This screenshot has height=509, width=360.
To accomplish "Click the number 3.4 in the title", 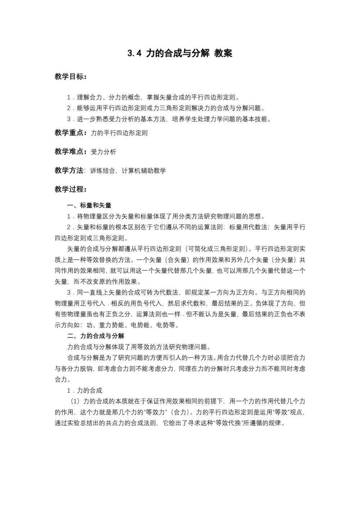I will coord(134,54).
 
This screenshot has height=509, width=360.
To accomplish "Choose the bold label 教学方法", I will coord(69,171).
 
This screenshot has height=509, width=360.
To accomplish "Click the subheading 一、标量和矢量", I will coord(89,206).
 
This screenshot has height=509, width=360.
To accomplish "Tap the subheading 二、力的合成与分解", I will coord(96,336).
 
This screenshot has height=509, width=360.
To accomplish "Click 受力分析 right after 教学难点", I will coord(103,152).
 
